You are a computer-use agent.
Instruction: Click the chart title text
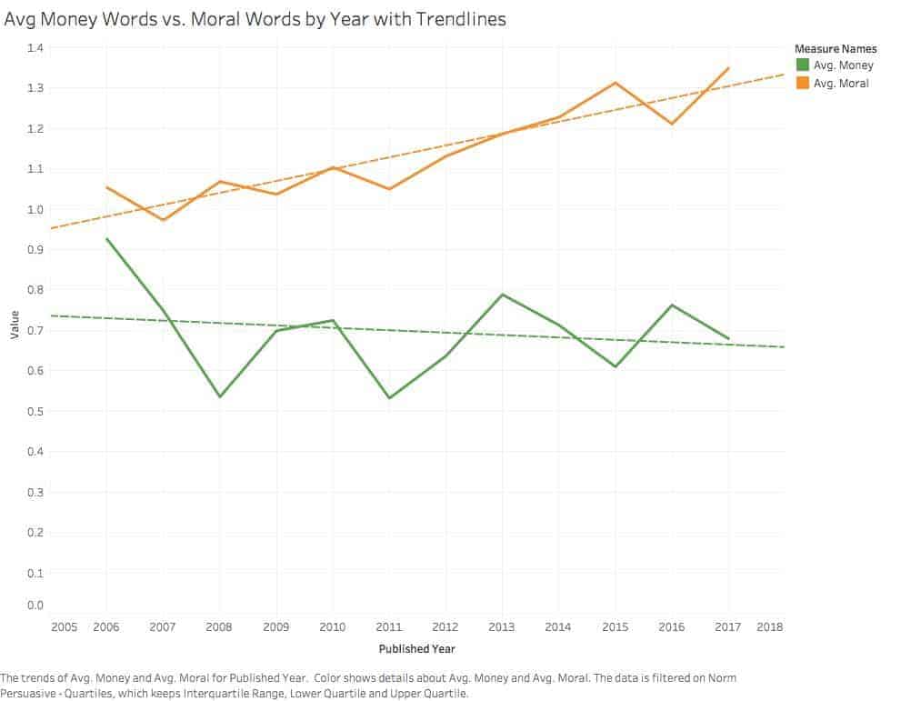(x=255, y=18)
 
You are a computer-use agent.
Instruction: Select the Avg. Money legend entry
(x=843, y=65)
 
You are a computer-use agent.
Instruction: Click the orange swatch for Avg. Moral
(x=802, y=84)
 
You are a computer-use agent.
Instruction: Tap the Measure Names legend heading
(x=835, y=48)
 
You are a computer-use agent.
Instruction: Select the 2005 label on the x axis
(x=64, y=627)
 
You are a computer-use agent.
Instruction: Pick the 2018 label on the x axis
(x=769, y=627)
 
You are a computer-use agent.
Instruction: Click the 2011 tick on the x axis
(x=389, y=627)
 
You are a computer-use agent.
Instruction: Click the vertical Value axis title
(x=15, y=326)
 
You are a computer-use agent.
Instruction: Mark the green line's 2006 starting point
(x=107, y=239)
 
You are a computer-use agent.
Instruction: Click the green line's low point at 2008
(x=220, y=396)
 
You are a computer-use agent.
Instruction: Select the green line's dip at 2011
(x=389, y=398)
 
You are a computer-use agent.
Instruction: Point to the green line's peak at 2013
(x=502, y=295)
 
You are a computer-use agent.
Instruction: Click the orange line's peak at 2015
(x=616, y=83)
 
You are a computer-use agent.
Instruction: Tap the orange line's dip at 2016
(x=672, y=124)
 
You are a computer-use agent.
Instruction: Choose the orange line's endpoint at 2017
(x=728, y=68)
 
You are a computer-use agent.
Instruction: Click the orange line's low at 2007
(x=164, y=220)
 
